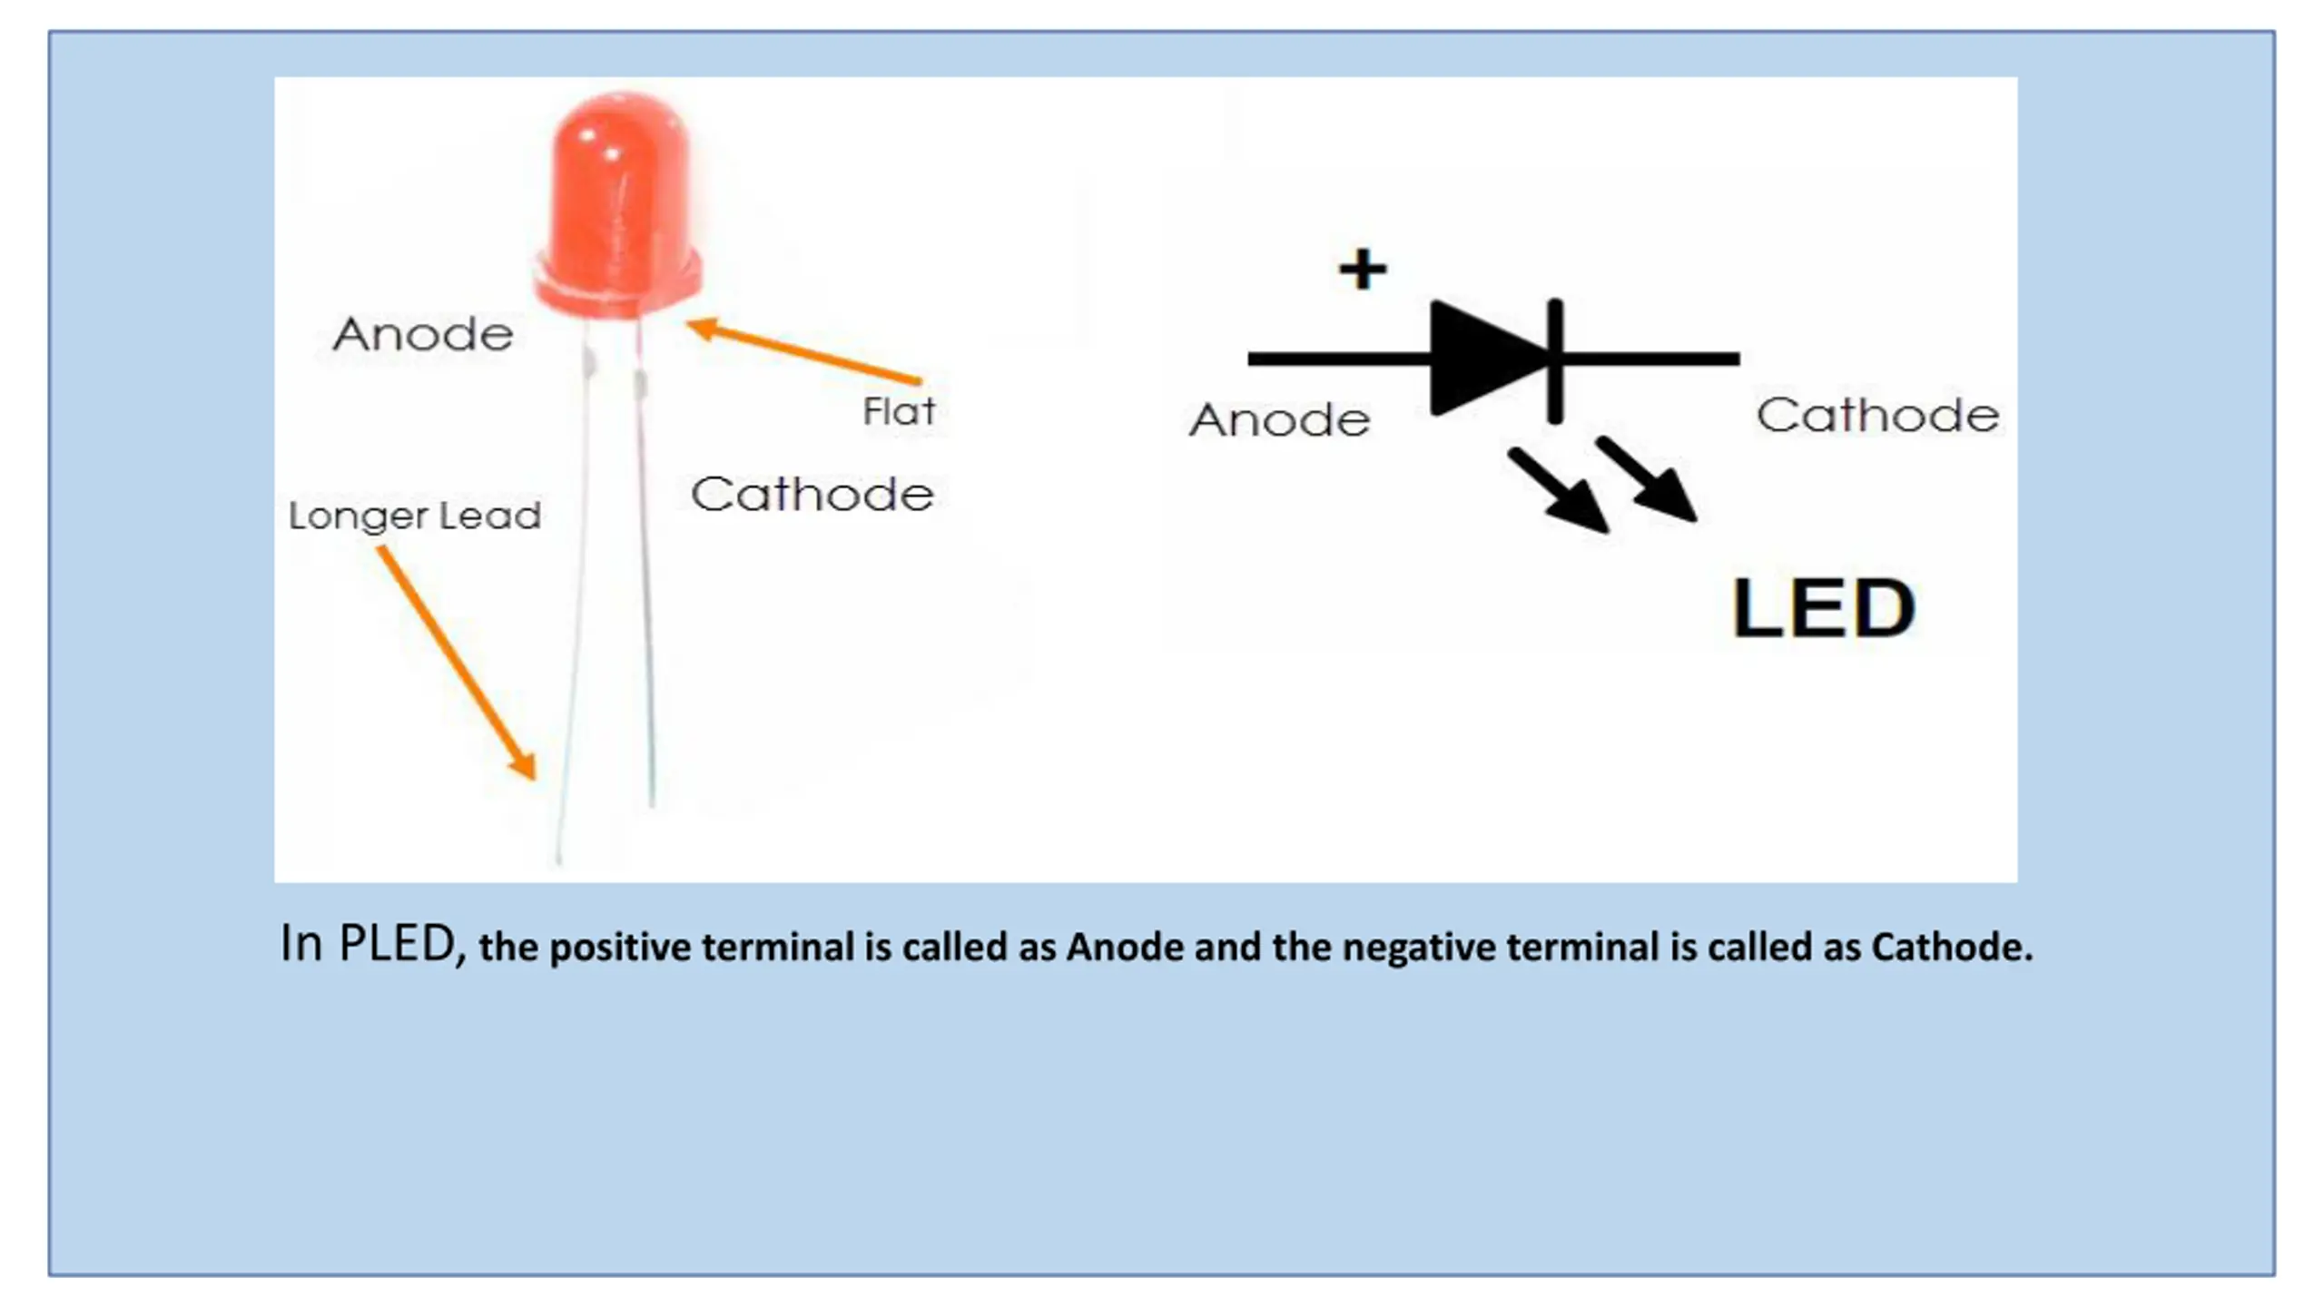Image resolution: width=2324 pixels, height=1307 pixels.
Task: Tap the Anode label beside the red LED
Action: (423, 334)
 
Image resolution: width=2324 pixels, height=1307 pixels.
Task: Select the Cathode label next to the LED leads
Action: (812, 495)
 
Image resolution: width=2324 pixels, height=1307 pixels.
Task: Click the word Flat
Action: (898, 411)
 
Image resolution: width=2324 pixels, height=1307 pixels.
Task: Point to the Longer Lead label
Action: (415, 516)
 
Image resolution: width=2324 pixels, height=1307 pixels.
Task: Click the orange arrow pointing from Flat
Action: (803, 353)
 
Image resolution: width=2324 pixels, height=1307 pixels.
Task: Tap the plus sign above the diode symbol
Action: (1363, 269)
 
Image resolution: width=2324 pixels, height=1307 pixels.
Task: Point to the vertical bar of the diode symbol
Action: (1555, 360)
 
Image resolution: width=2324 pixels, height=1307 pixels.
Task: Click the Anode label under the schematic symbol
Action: (1279, 419)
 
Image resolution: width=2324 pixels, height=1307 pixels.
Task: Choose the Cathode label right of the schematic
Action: (1877, 415)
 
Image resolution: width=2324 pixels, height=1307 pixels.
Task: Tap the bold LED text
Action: (1824, 608)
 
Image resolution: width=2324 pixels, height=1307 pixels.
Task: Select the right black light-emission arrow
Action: (1647, 479)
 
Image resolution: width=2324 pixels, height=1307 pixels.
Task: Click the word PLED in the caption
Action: (397, 943)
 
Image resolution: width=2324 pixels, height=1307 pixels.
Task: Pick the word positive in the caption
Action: (621, 948)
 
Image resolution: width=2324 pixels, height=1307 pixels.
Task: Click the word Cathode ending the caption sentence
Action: (1950, 948)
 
